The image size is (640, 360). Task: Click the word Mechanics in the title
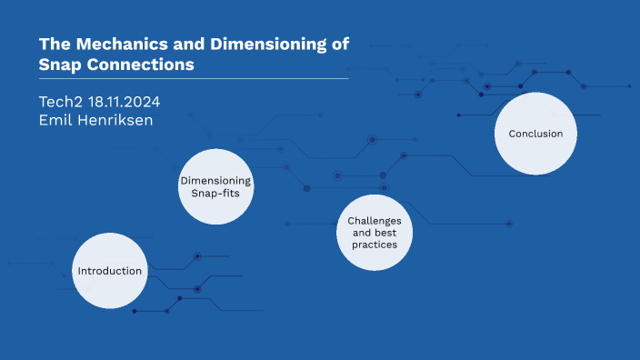(x=116, y=45)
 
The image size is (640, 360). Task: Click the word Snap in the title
(x=59, y=65)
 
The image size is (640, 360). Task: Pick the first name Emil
(x=55, y=120)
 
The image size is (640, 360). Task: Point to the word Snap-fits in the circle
(x=215, y=193)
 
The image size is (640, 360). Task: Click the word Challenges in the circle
(x=374, y=221)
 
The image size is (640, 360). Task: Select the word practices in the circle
(x=374, y=245)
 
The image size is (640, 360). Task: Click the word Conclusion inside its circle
(x=535, y=134)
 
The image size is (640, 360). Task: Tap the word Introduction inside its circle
(x=109, y=271)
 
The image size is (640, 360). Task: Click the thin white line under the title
(x=194, y=79)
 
